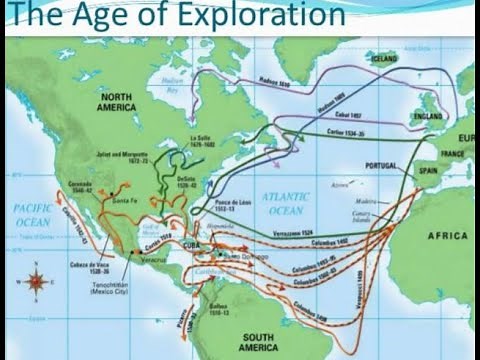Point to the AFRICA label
click(x=446, y=236)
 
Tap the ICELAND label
click(x=383, y=59)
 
